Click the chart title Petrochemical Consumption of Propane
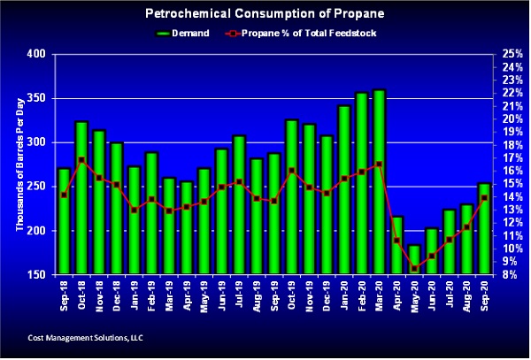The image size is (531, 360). click(265, 14)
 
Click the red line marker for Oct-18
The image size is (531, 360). click(81, 160)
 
